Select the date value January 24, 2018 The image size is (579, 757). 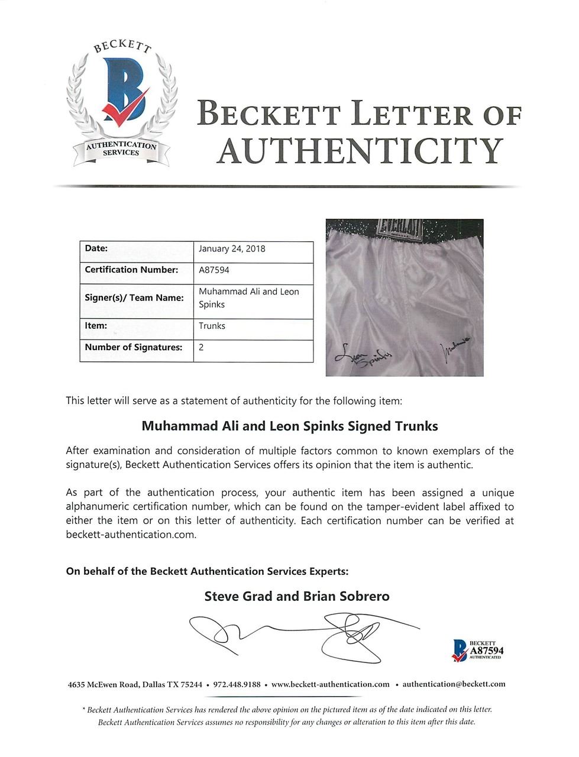(232, 249)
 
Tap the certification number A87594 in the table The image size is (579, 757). (214, 270)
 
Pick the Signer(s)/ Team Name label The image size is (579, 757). (134, 298)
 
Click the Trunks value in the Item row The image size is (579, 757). (212, 326)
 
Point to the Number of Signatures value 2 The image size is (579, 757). (202, 348)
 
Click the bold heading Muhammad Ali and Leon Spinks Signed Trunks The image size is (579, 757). (290, 426)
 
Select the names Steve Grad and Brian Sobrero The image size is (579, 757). (297, 596)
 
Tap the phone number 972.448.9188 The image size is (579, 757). (237, 684)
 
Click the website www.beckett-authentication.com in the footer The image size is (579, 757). (330, 684)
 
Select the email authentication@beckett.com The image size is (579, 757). (454, 684)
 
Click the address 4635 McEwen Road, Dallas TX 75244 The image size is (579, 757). (135, 684)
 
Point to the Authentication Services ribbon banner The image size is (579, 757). (121, 149)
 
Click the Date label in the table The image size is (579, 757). (96, 249)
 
